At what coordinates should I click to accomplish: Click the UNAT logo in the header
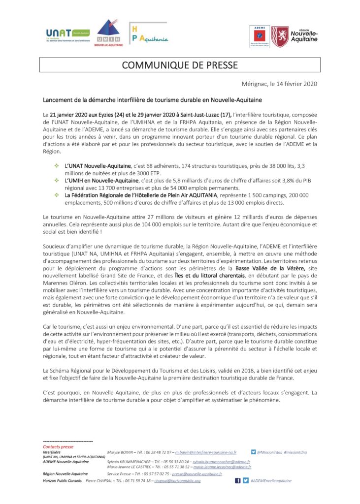[67, 34]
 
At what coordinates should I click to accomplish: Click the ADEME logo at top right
[259, 36]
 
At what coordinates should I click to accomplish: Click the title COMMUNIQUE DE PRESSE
[179, 65]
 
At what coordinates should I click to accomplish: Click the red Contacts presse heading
[58, 446]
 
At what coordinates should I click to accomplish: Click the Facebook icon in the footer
[237, 480]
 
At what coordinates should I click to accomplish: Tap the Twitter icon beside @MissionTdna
[253, 451]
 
